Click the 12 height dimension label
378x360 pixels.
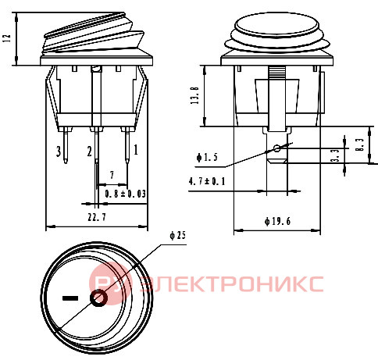click(7, 38)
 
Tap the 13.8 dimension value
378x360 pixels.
click(194, 95)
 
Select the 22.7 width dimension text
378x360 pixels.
click(97, 217)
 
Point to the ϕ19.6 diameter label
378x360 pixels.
click(277, 222)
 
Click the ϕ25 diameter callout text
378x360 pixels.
click(178, 236)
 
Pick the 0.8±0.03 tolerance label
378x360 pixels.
click(125, 194)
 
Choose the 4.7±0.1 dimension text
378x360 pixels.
click(207, 181)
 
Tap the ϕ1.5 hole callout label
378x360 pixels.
click(207, 157)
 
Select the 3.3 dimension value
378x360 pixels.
click(335, 155)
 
